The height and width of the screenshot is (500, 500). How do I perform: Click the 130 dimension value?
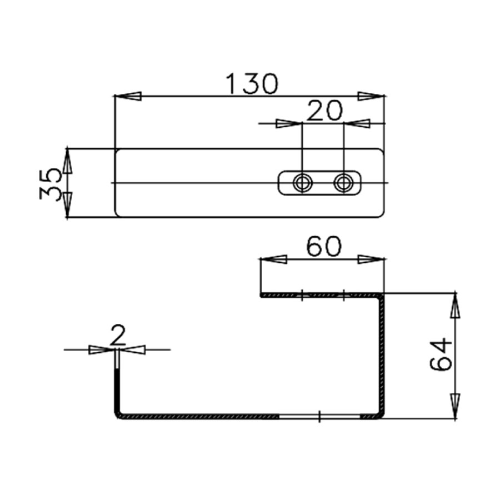pyautogui.click(x=252, y=83)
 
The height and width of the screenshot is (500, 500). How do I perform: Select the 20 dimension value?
pyautogui.click(x=323, y=111)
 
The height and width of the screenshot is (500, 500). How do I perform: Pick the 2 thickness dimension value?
pyautogui.click(x=117, y=336)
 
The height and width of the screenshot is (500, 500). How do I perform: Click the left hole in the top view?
pyautogui.click(x=303, y=182)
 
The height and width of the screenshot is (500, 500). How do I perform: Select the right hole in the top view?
pyautogui.click(x=343, y=182)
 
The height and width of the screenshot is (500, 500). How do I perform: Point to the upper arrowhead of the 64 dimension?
pyautogui.click(x=455, y=306)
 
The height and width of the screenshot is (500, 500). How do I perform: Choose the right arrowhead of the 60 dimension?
pyautogui.click(x=371, y=259)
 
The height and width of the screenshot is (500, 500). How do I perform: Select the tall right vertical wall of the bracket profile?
pyautogui.click(x=382, y=356)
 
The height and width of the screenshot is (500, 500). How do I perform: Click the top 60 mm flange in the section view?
pyautogui.click(x=322, y=294)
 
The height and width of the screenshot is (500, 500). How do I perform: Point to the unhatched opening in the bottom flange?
pyautogui.click(x=319, y=416)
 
